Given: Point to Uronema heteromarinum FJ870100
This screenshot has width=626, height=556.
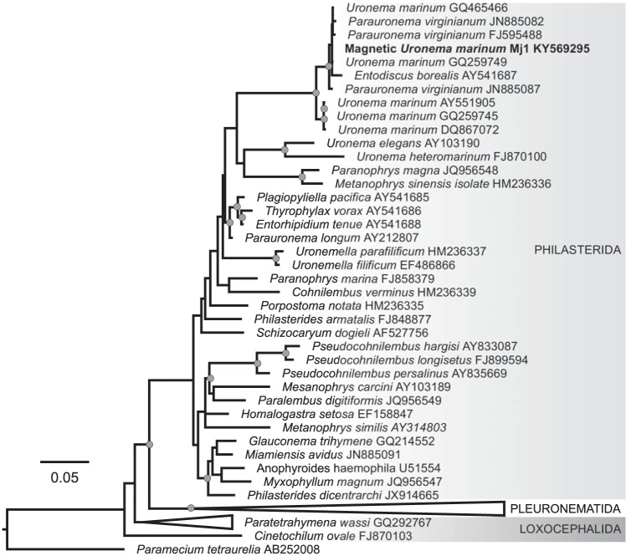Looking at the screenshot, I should point(416,156).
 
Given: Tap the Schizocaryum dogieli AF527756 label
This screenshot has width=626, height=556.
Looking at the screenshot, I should point(330,332).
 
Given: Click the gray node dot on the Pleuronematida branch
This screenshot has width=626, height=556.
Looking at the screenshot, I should point(192,508).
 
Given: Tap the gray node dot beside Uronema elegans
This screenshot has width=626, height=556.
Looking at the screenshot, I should point(285,149).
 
